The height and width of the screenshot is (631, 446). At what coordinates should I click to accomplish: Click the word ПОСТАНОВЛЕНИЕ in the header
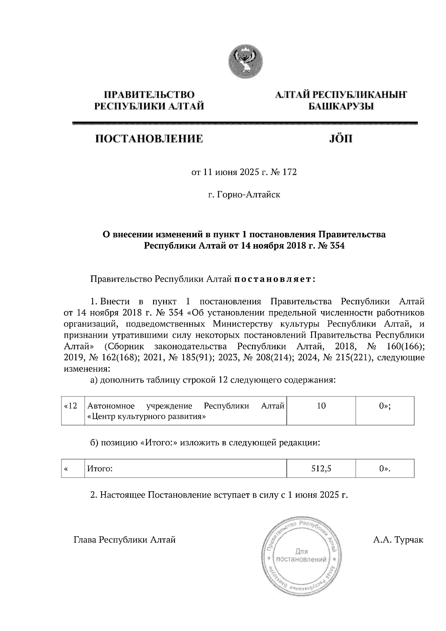point(149,139)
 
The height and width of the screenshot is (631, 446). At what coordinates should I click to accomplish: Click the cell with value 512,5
point(321,469)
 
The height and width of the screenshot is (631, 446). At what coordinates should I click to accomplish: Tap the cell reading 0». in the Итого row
point(385,469)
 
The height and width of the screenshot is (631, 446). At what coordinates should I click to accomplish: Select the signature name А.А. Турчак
point(398,539)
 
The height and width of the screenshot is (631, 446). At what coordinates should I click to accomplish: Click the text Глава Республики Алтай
point(125,539)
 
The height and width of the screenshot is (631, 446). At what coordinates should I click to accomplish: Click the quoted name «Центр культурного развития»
point(146,417)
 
